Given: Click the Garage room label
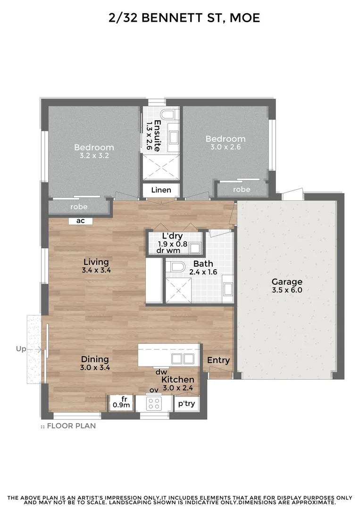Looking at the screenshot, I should pyautogui.click(x=286, y=282).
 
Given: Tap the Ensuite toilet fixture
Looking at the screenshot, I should pyautogui.click(x=167, y=115).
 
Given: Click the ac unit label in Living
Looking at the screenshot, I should pyautogui.click(x=80, y=221).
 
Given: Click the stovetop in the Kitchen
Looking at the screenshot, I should pyautogui.click(x=154, y=403).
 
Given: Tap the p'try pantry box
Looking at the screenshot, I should pyautogui.click(x=185, y=404).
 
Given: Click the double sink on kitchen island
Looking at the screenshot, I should pyautogui.click(x=182, y=358).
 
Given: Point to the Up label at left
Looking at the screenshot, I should pyautogui.click(x=21, y=349).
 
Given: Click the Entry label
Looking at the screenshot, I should pyautogui.click(x=218, y=360).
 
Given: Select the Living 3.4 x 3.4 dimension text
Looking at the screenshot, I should pyautogui.click(x=96, y=271).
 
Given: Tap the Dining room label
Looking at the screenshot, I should pyautogui.click(x=95, y=359).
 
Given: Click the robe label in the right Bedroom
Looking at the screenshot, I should pyautogui.click(x=242, y=189).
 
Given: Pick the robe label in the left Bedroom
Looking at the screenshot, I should pyautogui.click(x=79, y=207).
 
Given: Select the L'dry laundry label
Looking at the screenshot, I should pyautogui.click(x=172, y=236).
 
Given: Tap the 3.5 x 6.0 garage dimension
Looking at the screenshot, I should pyautogui.click(x=286, y=290).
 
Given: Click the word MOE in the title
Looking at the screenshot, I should pyautogui.click(x=243, y=18).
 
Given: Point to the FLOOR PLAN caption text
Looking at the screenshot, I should pyautogui.click(x=71, y=425).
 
